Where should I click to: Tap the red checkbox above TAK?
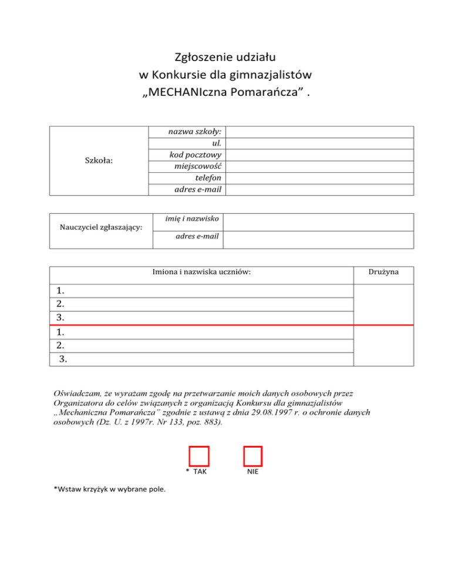pos(199,457)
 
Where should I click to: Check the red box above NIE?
pos(253,457)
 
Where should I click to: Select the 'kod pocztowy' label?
pos(198,155)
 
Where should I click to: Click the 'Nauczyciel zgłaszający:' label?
pos(100,228)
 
